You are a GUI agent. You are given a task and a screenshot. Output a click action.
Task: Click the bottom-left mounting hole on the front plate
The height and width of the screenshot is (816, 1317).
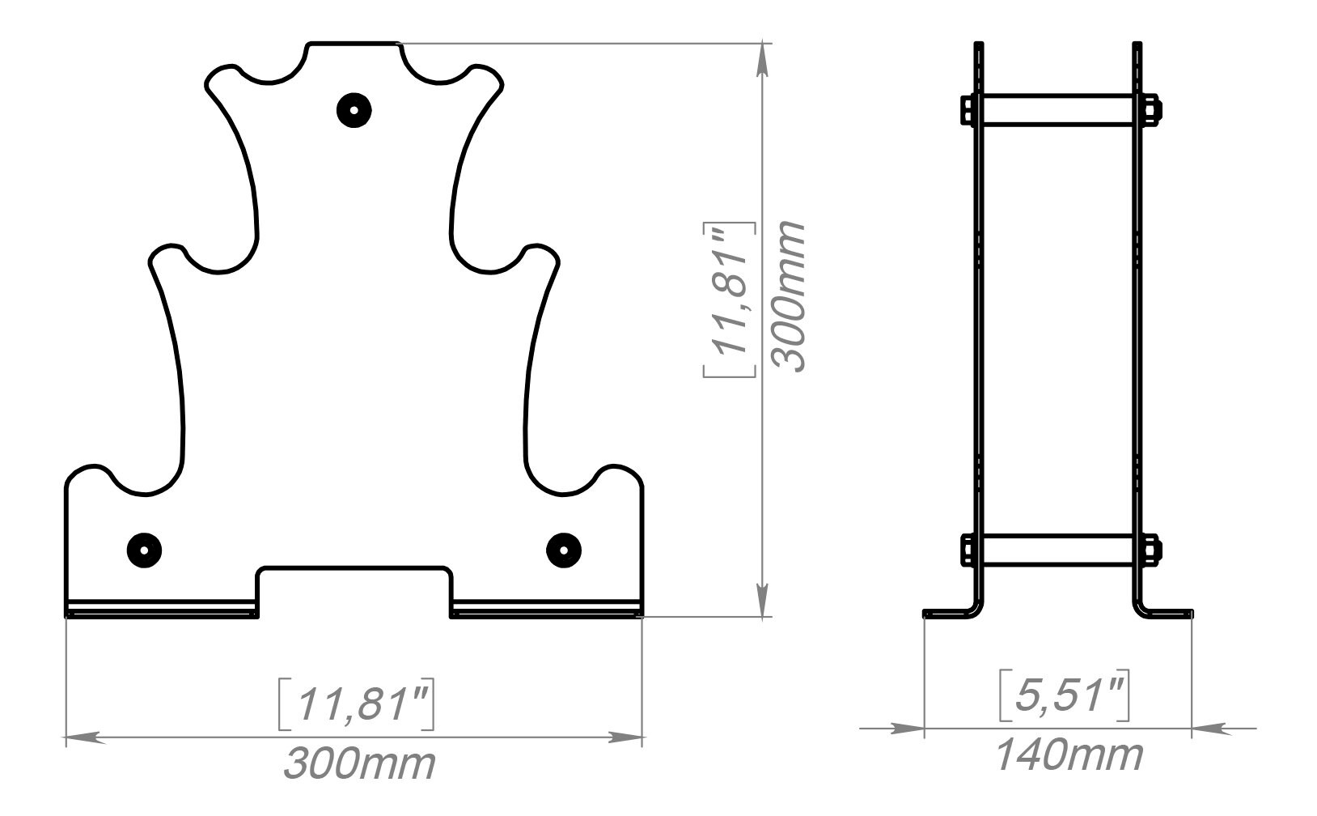144,550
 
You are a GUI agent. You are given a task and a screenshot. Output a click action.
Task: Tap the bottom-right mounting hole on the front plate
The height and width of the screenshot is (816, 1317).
563,550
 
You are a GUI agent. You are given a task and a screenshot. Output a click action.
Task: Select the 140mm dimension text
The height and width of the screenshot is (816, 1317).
1068,756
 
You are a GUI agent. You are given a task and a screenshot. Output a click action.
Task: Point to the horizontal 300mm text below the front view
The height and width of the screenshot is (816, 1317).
358,764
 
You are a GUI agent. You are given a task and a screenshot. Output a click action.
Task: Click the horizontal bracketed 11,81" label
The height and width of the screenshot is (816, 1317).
357,705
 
